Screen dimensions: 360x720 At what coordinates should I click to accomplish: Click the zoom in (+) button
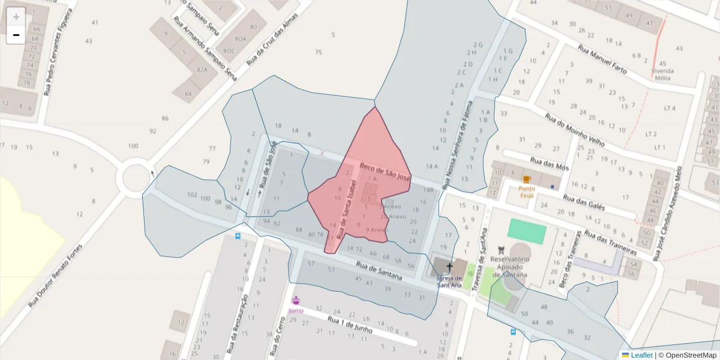[x=16, y=17]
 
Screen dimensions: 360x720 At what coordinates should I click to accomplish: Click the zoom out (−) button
[x=16, y=35]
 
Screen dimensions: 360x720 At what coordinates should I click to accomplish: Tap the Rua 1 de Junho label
[x=350, y=325]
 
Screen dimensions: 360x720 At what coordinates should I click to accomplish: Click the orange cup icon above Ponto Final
[x=527, y=179]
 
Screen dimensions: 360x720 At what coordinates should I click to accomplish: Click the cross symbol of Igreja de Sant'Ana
[x=449, y=266]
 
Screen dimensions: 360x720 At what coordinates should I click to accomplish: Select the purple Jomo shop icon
[x=295, y=300]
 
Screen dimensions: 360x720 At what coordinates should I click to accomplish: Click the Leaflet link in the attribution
[x=641, y=355]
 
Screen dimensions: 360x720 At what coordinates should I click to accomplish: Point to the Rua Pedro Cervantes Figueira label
[x=53, y=52]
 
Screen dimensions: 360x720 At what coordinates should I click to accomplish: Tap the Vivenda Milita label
[x=662, y=74]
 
